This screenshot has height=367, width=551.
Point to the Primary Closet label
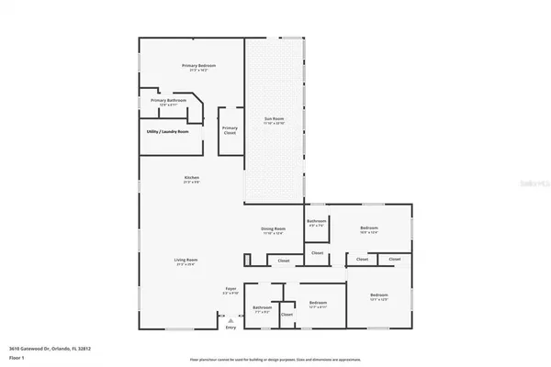(x=230, y=130)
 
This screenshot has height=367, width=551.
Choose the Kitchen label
(x=191, y=177)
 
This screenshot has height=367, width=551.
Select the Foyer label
(x=231, y=289)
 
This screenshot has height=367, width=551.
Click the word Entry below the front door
(x=231, y=328)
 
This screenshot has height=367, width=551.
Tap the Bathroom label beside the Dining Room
(x=317, y=221)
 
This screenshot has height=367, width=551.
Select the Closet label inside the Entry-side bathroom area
(x=287, y=315)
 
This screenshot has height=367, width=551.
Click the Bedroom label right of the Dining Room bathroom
(x=369, y=228)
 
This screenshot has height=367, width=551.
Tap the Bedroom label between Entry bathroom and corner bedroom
(x=319, y=302)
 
